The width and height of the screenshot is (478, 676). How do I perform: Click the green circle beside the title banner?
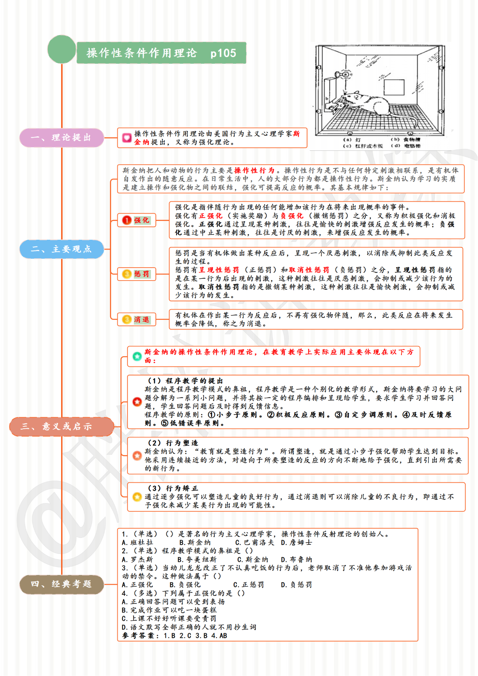62,49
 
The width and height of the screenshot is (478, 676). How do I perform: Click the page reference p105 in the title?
223,54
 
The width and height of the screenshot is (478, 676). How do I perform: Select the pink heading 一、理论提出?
62,138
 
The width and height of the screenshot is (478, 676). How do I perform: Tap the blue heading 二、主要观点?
62,249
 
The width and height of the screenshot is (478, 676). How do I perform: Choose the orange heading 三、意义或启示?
62,426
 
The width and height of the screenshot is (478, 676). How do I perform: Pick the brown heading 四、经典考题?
62,584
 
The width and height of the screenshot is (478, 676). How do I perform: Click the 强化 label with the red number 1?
137,220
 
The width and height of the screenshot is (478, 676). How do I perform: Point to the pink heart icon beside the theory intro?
127,138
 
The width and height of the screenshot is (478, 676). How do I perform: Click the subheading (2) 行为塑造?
173,443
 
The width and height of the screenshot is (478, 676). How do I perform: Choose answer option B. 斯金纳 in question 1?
195,542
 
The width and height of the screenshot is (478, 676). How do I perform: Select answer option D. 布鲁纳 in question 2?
297,559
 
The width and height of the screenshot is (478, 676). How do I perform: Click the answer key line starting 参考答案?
175,636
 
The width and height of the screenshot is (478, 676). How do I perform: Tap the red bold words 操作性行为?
254,170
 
